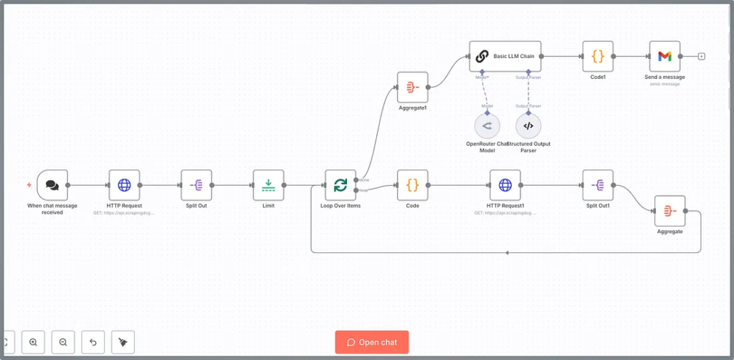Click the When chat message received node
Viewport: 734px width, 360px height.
tap(52, 185)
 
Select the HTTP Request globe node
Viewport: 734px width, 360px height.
tap(124, 185)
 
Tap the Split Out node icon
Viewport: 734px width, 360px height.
tap(196, 185)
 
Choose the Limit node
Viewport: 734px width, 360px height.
tap(268, 185)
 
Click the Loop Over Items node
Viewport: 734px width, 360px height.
tap(340, 185)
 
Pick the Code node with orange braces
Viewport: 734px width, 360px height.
tap(412, 185)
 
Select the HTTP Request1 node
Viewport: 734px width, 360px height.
tap(505, 185)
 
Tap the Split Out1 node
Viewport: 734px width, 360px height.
tap(598, 185)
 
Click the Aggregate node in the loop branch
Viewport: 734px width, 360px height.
tap(669, 211)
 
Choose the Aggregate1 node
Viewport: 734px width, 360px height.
tap(412, 87)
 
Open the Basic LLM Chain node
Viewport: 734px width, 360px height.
tap(505, 56)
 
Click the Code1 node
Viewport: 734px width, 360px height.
tap(598, 56)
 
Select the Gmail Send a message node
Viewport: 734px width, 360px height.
tap(664, 56)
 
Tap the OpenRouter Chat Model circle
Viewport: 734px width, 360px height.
tap(487, 126)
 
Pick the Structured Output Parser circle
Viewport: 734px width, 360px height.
tap(528, 126)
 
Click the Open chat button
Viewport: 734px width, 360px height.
tap(371, 342)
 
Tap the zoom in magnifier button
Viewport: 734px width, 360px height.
tap(34, 342)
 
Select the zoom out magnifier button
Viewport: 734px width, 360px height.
tap(63, 342)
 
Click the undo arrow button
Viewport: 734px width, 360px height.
tap(93, 342)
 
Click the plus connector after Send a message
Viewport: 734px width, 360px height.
tap(702, 56)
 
